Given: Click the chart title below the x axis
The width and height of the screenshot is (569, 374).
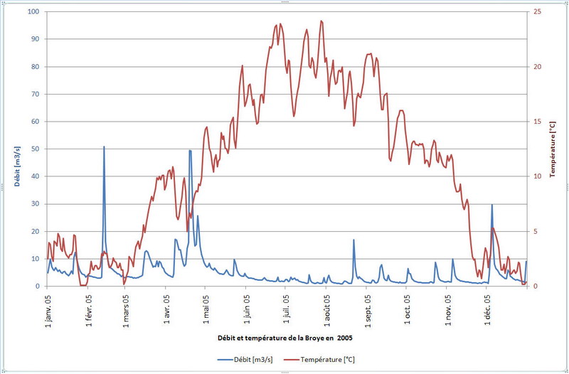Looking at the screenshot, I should tap(284, 336).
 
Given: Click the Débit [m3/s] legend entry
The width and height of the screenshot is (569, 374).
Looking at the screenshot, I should tap(253, 359).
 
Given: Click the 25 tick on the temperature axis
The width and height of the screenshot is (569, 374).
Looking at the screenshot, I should tap(538, 12).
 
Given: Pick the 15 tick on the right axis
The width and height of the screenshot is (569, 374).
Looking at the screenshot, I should tap(538, 122).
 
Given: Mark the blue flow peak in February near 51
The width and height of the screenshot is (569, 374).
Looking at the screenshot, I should tap(104, 147).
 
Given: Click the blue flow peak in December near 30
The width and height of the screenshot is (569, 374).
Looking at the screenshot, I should tap(491, 205).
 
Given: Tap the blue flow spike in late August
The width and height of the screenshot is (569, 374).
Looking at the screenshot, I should tap(353, 240).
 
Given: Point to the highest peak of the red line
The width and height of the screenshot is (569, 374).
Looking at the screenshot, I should tap(321, 21).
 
